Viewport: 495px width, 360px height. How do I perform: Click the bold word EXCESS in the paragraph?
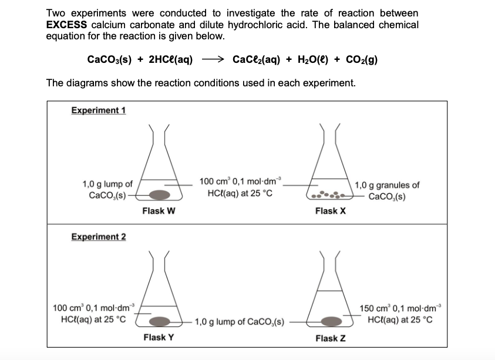coord(67,25)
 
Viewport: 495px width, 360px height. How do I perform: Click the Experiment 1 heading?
coord(98,110)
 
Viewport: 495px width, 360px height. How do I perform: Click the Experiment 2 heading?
coord(98,237)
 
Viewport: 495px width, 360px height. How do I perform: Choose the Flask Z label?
coord(331,338)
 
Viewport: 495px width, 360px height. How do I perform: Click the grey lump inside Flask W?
coord(156,194)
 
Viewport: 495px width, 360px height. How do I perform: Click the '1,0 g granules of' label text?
coord(387,186)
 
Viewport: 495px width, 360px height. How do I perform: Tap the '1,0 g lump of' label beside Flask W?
coord(107,184)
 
